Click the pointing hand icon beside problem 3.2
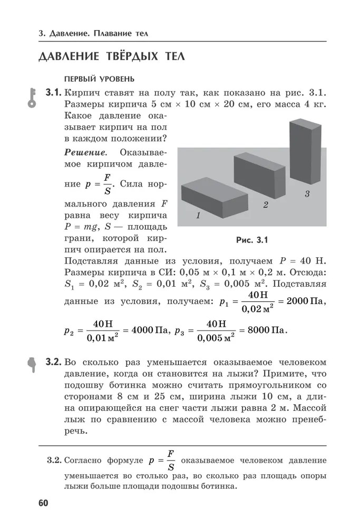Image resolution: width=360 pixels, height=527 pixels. pos(32,363)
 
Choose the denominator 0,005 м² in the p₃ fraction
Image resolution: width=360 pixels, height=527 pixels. pos(216,338)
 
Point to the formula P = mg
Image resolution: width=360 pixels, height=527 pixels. pos(80,227)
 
